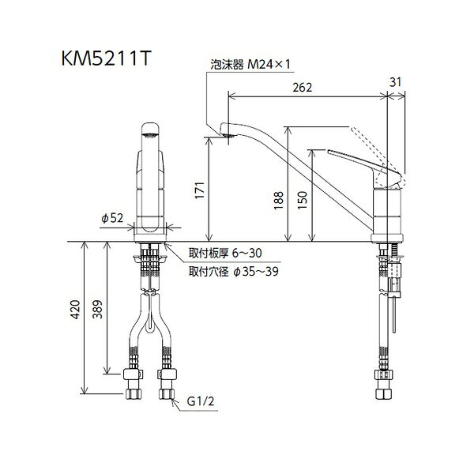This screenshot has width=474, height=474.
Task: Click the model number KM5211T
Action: (106, 58)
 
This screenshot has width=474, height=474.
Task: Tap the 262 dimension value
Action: (302, 88)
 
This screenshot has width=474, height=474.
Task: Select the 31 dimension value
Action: (395, 82)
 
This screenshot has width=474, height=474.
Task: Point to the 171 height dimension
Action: (200, 190)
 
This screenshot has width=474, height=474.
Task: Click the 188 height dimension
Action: (278, 200)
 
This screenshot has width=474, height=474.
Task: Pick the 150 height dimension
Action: (302, 200)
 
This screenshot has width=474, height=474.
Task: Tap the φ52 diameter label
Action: (112, 218)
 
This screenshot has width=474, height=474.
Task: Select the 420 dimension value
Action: (75, 310)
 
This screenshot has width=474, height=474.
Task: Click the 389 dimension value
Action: (97, 310)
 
